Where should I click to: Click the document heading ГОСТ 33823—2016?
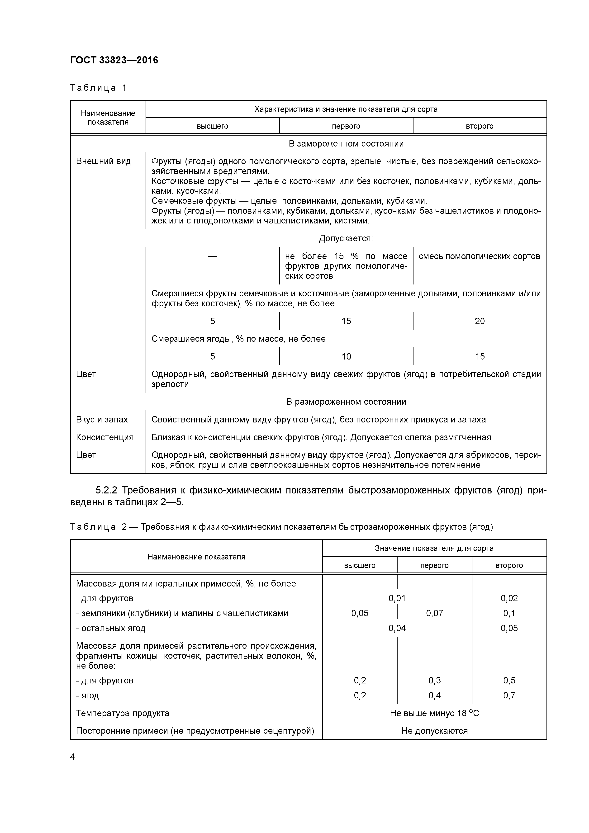click(x=114, y=60)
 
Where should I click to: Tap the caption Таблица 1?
click(x=98, y=88)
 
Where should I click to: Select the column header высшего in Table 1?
click(x=212, y=126)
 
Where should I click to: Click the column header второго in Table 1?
click(x=480, y=126)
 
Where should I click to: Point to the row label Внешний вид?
click(x=103, y=161)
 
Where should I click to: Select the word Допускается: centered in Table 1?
click(x=346, y=238)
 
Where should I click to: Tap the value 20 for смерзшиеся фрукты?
click(x=480, y=321)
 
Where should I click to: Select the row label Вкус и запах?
click(x=102, y=420)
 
